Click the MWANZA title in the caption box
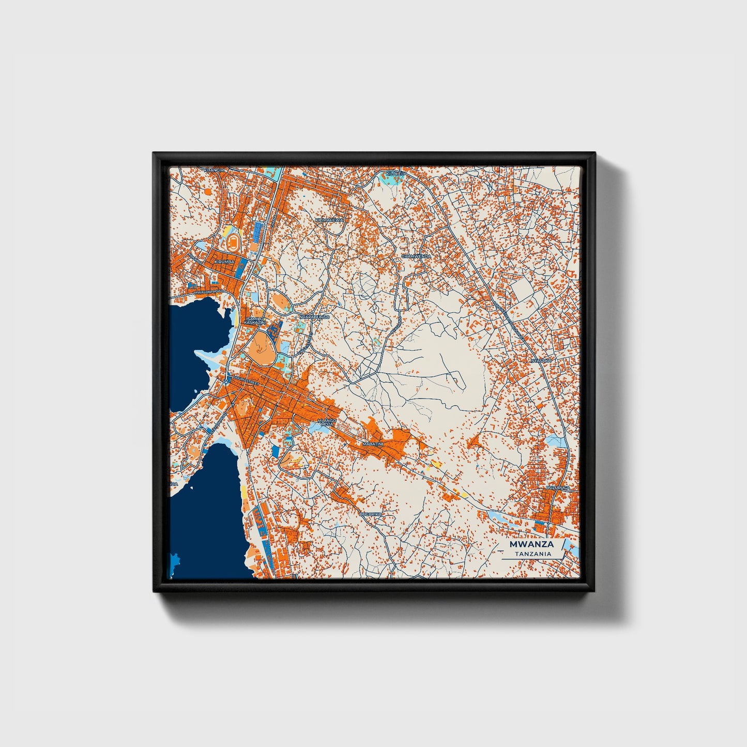[531, 544]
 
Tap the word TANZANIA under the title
[532, 554]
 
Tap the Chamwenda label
[416, 256]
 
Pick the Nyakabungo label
[314, 316]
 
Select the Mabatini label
[372, 444]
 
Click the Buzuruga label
[557, 487]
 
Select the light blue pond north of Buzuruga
[557, 441]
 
